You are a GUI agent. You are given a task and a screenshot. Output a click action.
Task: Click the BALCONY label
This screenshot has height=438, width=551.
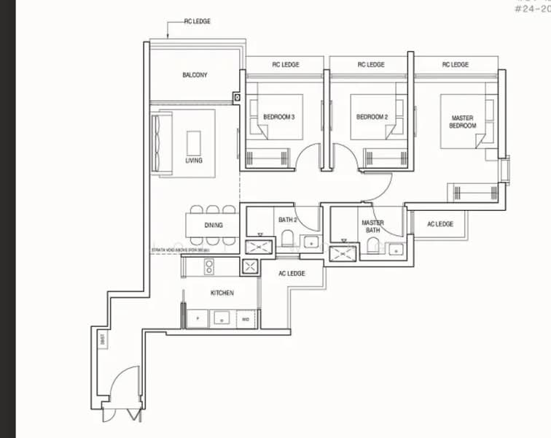195,75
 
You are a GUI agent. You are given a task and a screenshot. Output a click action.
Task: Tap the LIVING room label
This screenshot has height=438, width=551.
194,161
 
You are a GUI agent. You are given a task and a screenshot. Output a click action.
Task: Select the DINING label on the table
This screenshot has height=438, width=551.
213,226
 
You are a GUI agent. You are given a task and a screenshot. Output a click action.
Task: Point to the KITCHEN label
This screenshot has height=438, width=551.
222,293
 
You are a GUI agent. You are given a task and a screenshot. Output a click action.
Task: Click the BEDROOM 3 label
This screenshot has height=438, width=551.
279,117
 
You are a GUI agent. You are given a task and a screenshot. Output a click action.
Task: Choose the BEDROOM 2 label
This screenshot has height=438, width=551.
371,117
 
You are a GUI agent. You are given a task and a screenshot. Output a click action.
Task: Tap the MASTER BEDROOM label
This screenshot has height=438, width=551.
463,121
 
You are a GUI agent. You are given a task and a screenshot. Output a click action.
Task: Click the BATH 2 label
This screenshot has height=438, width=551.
286,219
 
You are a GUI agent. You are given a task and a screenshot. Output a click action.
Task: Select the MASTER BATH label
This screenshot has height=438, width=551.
372,227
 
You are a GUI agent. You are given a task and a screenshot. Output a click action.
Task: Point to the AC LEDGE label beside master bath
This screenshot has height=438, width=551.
440,224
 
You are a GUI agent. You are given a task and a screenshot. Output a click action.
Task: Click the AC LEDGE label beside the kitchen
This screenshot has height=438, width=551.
292,273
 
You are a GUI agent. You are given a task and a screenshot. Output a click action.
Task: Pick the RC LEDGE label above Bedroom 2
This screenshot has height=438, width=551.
370,65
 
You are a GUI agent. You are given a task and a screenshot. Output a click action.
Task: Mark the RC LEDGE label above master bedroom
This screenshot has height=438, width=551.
455,65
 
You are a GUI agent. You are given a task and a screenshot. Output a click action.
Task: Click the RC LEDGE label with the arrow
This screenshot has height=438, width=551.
197,22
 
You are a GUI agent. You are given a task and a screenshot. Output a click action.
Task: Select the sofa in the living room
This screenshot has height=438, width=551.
160,143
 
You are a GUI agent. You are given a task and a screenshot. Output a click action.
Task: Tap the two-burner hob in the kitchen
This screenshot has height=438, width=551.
209,266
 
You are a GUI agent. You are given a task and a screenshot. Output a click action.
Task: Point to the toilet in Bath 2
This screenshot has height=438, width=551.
286,239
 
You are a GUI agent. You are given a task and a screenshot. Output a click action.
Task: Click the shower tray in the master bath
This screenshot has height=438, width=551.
343,253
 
